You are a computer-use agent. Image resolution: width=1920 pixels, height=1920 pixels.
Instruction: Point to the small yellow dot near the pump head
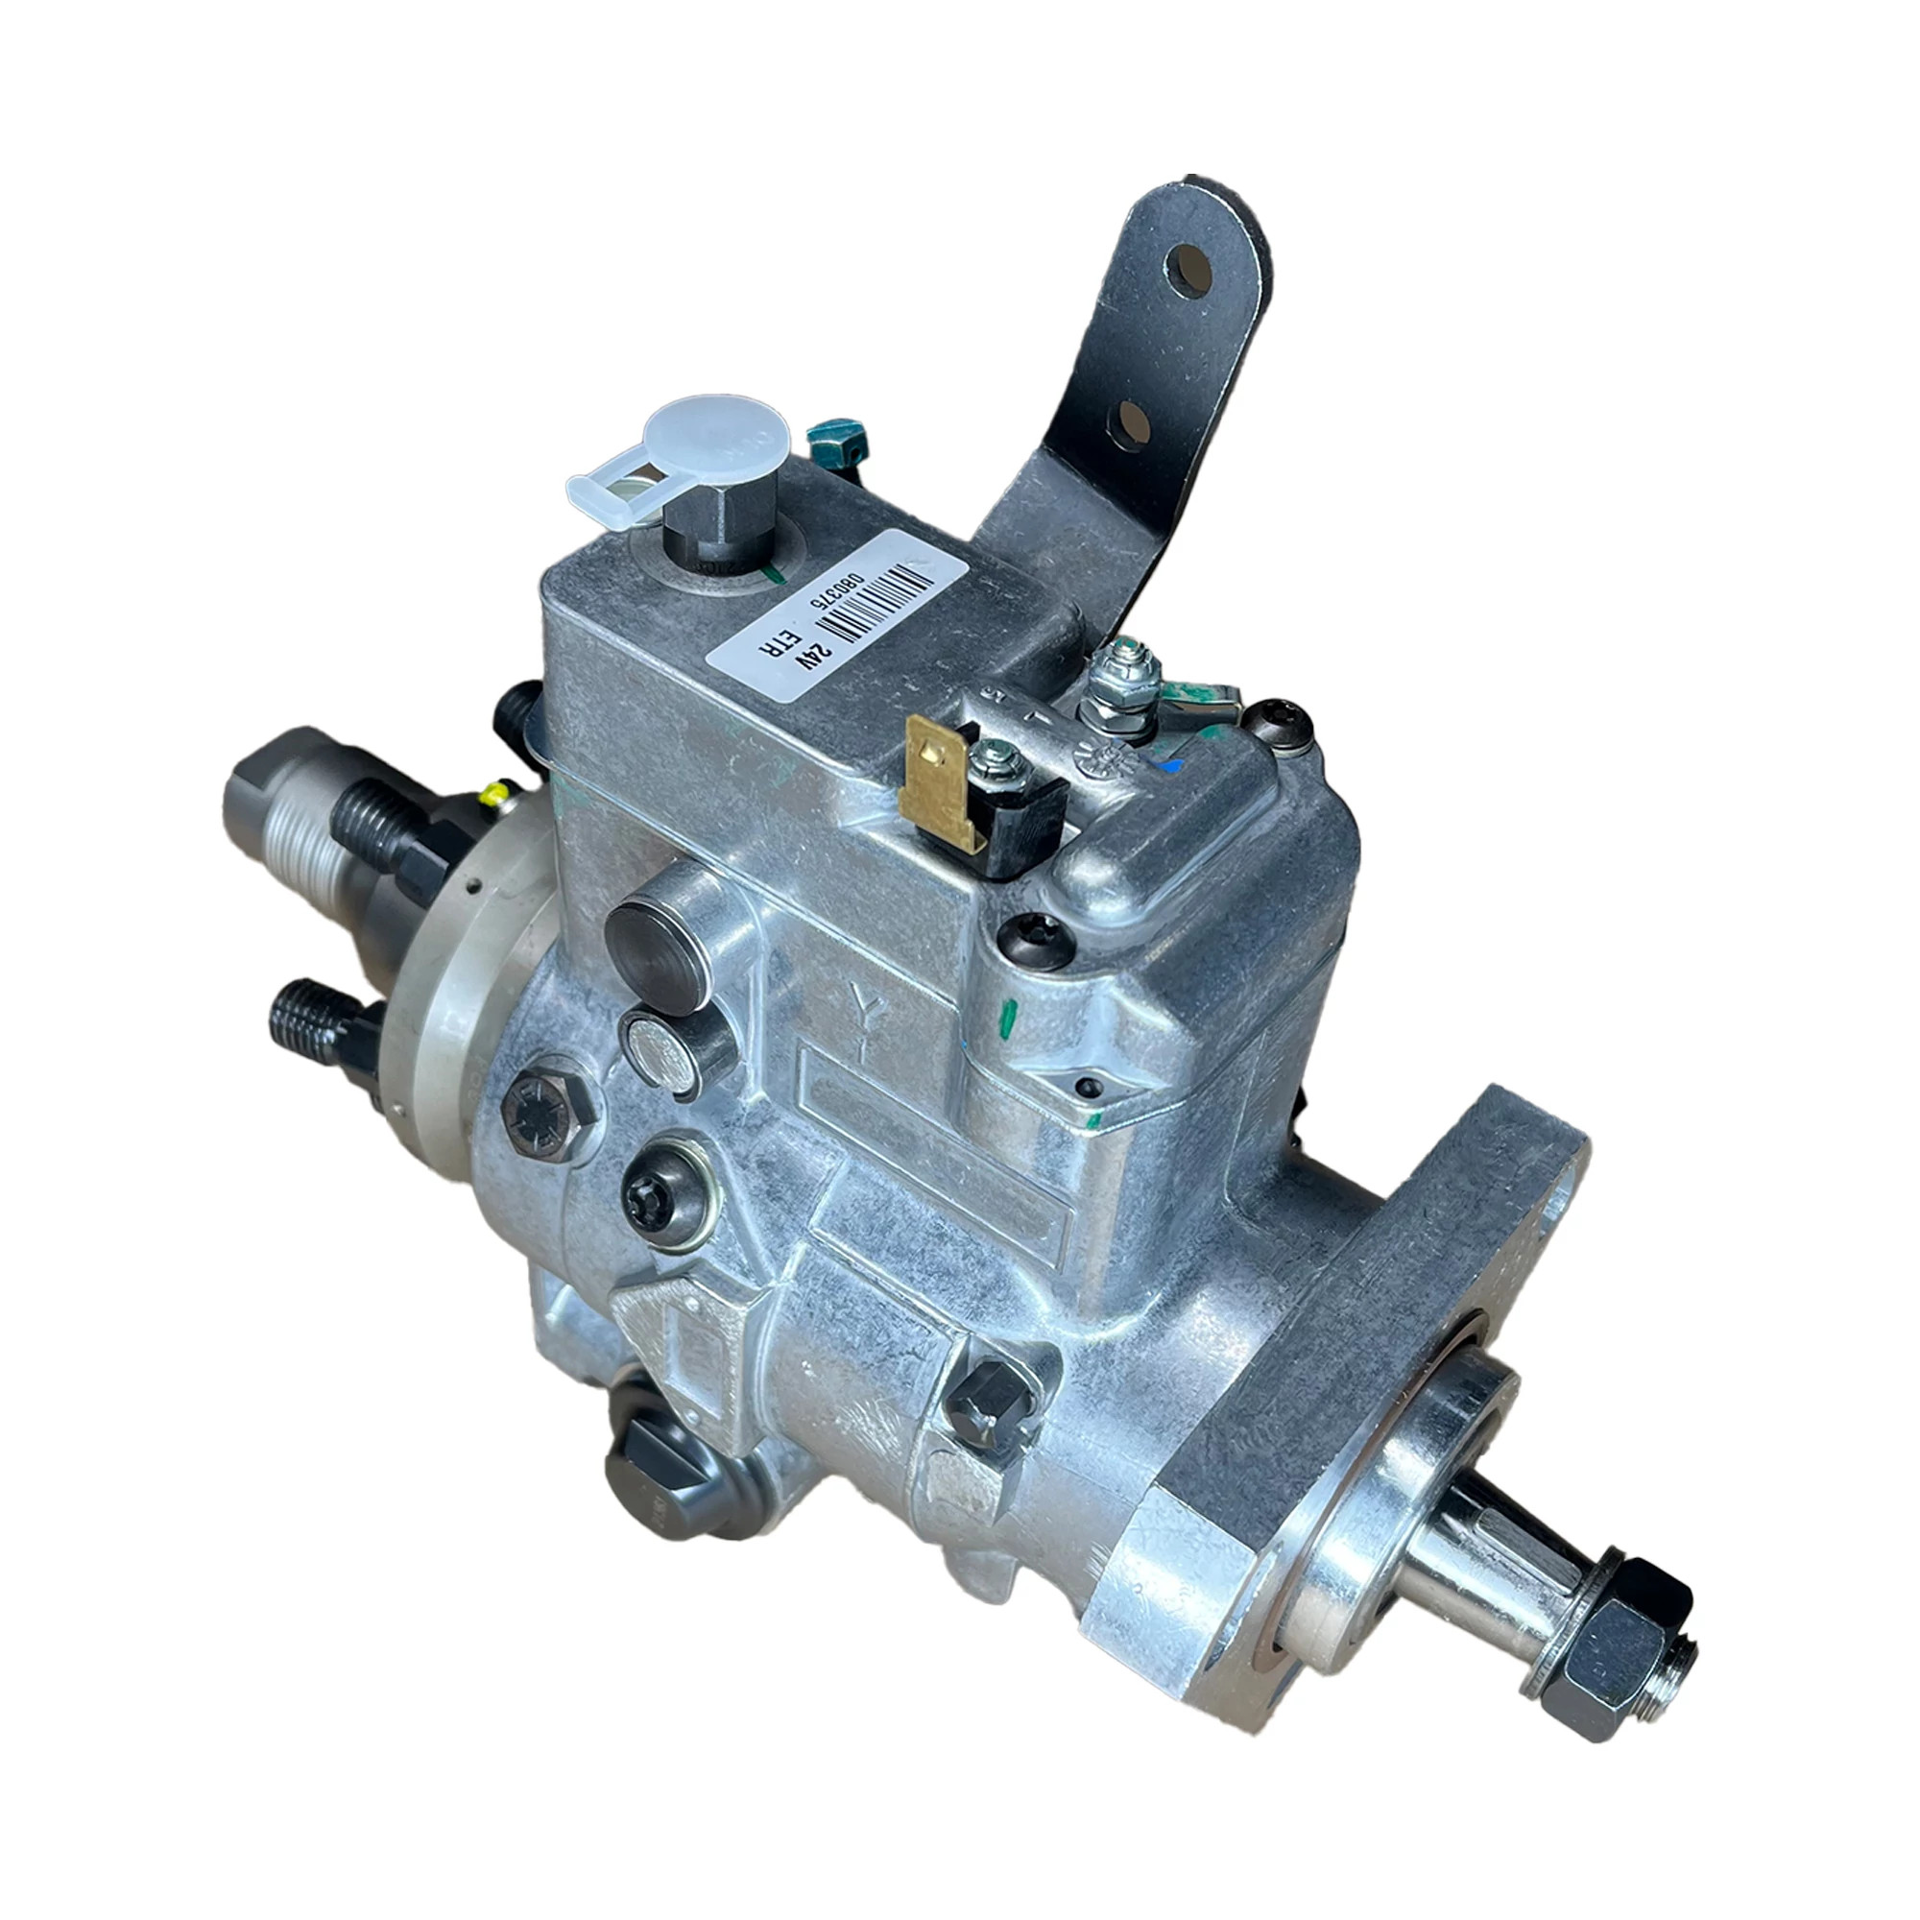coord(491,792)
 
